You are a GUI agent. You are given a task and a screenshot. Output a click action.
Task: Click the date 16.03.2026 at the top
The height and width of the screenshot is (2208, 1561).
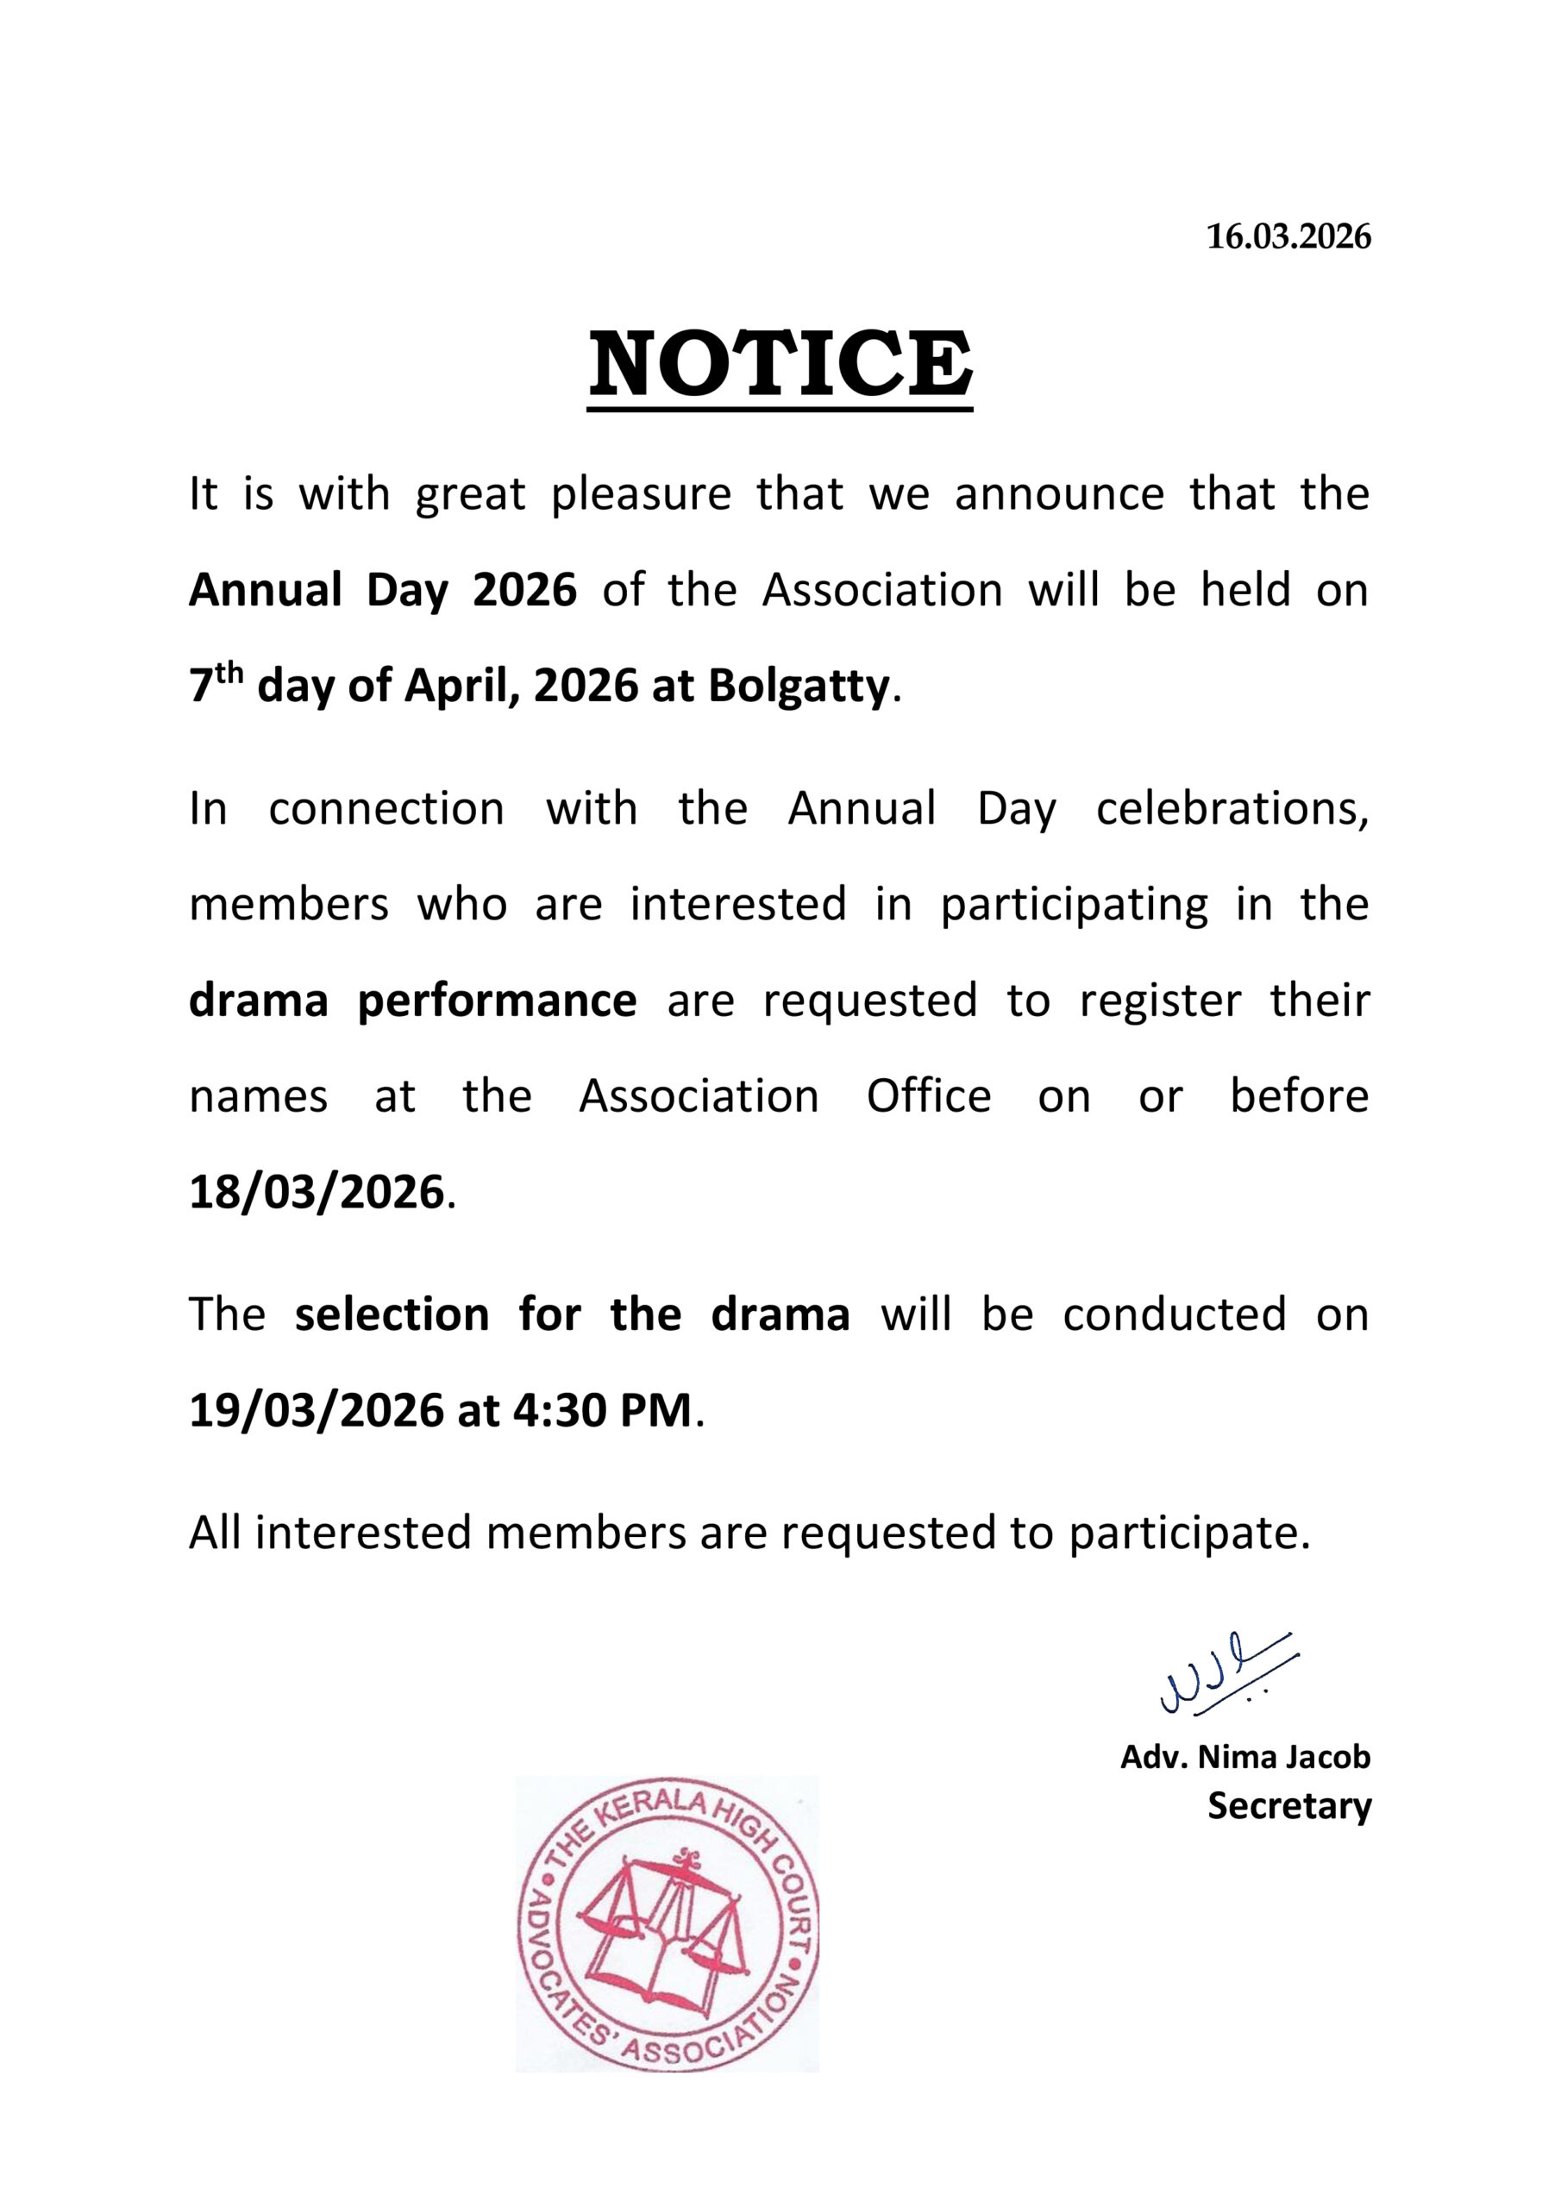coord(1288,236)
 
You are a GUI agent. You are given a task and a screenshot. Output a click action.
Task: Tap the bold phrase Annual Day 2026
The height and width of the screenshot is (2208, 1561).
coord(383,589)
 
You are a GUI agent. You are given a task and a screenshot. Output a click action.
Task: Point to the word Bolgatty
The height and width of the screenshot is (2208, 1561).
coord(799,686)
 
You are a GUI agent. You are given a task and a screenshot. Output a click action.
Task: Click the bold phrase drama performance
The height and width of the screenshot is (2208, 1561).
coord(411,1001)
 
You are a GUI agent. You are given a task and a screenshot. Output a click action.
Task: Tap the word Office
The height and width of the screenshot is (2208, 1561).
coord(928,1096)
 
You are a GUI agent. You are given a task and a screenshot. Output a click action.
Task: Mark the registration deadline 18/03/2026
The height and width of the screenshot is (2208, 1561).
coord(317,1193)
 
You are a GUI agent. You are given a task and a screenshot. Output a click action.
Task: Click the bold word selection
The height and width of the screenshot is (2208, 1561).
coord(392,1314)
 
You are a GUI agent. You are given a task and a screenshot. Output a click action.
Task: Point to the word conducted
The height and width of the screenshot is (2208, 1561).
coord(1174,1314)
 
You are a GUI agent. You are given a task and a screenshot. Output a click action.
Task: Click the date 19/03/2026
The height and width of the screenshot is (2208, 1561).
coord(317,1411)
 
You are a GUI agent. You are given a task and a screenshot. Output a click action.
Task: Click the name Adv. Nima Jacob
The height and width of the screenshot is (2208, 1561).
coord(1244,1758)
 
